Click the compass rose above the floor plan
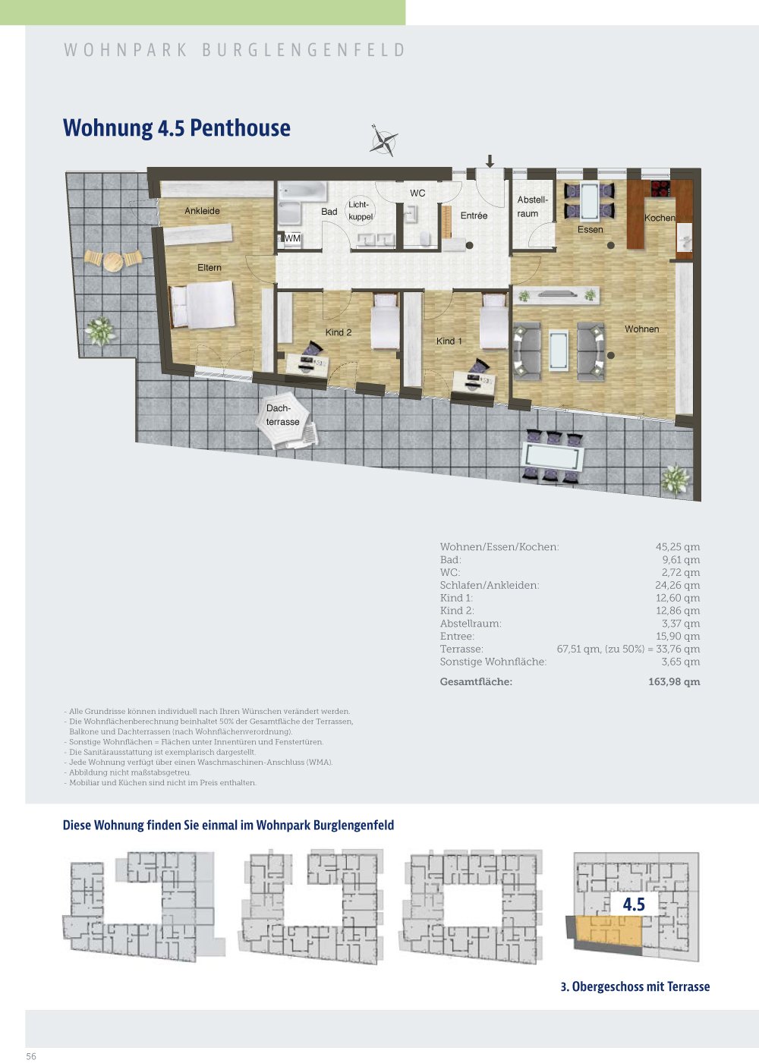pos(383,141)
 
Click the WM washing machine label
pos(292,238)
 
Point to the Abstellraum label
pos(531,206)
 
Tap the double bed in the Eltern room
pos(202,305)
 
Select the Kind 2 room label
pos(339,332)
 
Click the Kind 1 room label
pos(449,341)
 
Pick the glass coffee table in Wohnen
pos(558,351)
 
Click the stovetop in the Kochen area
pos(660,189)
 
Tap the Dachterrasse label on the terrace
pos(282,415)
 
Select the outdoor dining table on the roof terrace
pos(553,458)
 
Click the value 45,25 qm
pos(677,547)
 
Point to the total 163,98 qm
pos(674,682)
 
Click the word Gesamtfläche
pos(476,682)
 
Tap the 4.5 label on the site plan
pos(634,904)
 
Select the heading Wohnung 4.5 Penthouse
pos(177,127)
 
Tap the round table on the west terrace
pos(113,261)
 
